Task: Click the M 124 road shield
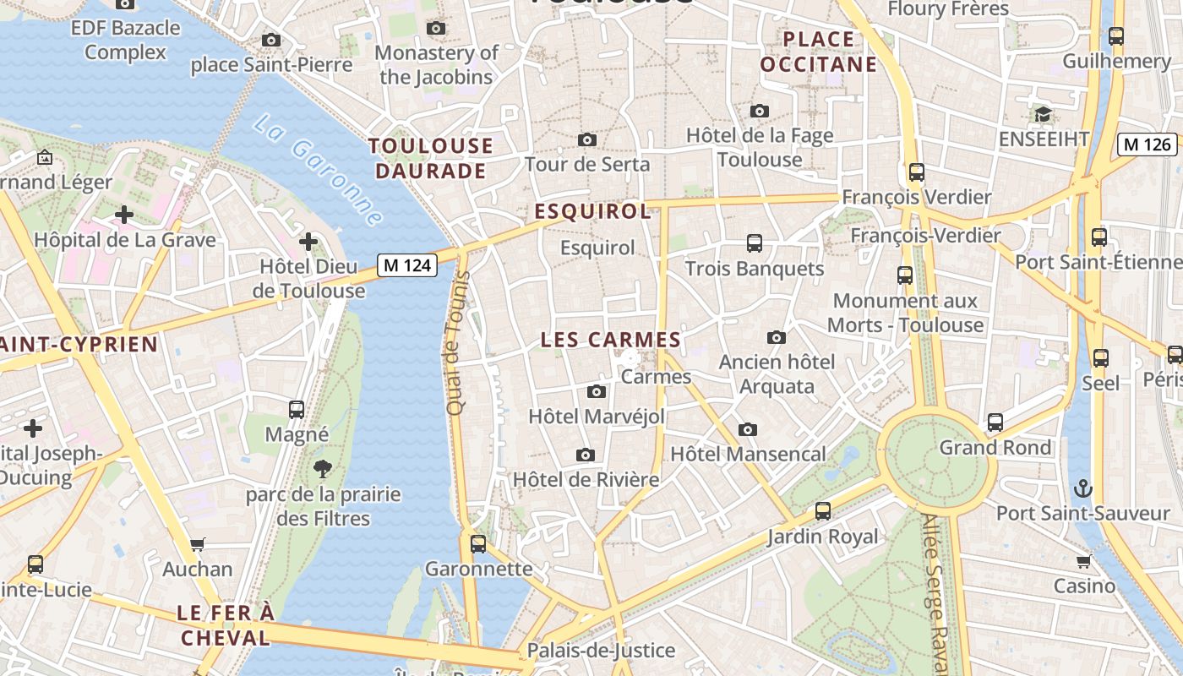[406, 265]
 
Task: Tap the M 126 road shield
[1147, 144]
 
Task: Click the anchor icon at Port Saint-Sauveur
[1082, 488]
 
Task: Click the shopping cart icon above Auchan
[198, 544]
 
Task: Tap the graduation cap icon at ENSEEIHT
[1043, 114]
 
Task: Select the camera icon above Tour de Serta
[587, 139]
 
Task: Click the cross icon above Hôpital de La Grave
[124, 215]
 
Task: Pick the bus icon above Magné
[297, 410]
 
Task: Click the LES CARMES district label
[610, 340]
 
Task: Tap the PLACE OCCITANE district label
[819, 52]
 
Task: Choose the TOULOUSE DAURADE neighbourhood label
[431, 158]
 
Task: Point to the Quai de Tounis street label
[456, 343]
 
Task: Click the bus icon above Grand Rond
[995, 422]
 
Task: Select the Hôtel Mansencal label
[748, 454]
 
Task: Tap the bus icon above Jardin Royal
[823, 511]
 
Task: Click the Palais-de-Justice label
[601, 650]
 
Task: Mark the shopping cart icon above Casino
[1084, 561]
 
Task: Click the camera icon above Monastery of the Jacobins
[436, 28]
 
